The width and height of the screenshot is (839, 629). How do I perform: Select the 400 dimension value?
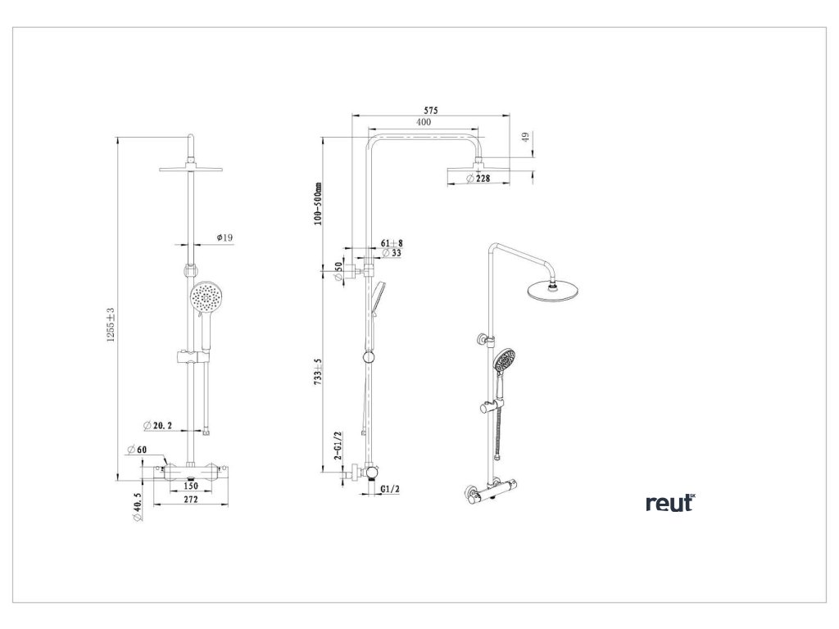[x=423, y=122]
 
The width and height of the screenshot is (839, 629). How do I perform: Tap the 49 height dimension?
[x=525, y=139]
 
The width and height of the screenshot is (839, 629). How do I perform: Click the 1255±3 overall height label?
[x=111, y=326]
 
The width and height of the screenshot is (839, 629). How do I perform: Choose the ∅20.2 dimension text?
[x=157, y=425]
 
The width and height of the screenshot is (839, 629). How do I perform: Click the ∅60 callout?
[x=136, y=449]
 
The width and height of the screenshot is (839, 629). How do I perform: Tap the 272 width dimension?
[x=190, y=499]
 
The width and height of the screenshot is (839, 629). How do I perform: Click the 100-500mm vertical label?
[x=319, y=203]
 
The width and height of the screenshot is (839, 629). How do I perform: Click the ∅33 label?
[x=391, y=253]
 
